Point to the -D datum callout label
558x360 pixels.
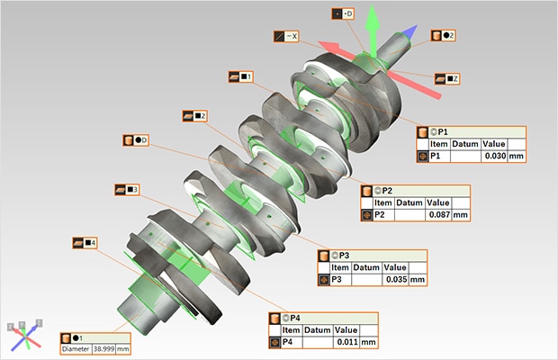pyautogui.click(x=343, y=14)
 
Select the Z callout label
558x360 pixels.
pyautogui.click(x=447, y=79)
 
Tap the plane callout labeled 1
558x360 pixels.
pyautogui.click(x=241, y=76)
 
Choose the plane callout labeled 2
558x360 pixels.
pyautogui.click(x=195, y=116)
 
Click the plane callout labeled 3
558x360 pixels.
pyautogui.click(x=126, y=190)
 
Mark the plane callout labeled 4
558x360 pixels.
pyautogui.click(x=85, y=243)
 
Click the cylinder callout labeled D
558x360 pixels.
pyautogui.click(x=136, y=140)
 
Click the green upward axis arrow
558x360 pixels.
pyautogui.click(x=368, y=22)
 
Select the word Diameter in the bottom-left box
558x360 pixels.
pyautogui.click(x=77, y=348)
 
